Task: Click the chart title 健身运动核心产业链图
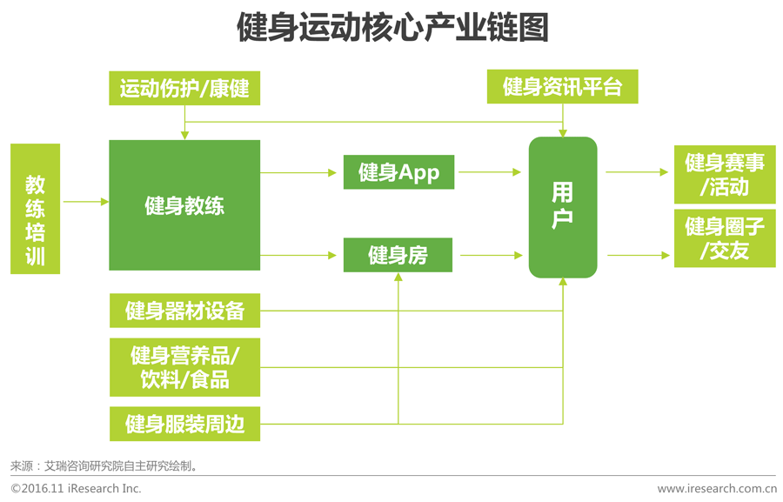[x=392, y=28]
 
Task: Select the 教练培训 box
[x=36, y=209]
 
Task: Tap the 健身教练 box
[x=184, y=205]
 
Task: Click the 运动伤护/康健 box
[x=184, y=88]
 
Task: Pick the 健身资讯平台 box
[x=563, y=87]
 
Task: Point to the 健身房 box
[x=398, y=255]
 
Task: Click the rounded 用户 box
[x=563, y=207]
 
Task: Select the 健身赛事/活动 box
[x=725, y=174]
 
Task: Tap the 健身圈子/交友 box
[x=725, y=238]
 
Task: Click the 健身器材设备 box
[x=184, y=311]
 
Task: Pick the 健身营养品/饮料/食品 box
[x=184, y=367]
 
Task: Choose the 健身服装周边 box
[x=184, y=424]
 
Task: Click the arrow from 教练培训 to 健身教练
[x=84, y=202]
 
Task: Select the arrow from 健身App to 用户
[x=492, y=172]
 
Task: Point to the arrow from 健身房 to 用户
[x=492, y=255]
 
